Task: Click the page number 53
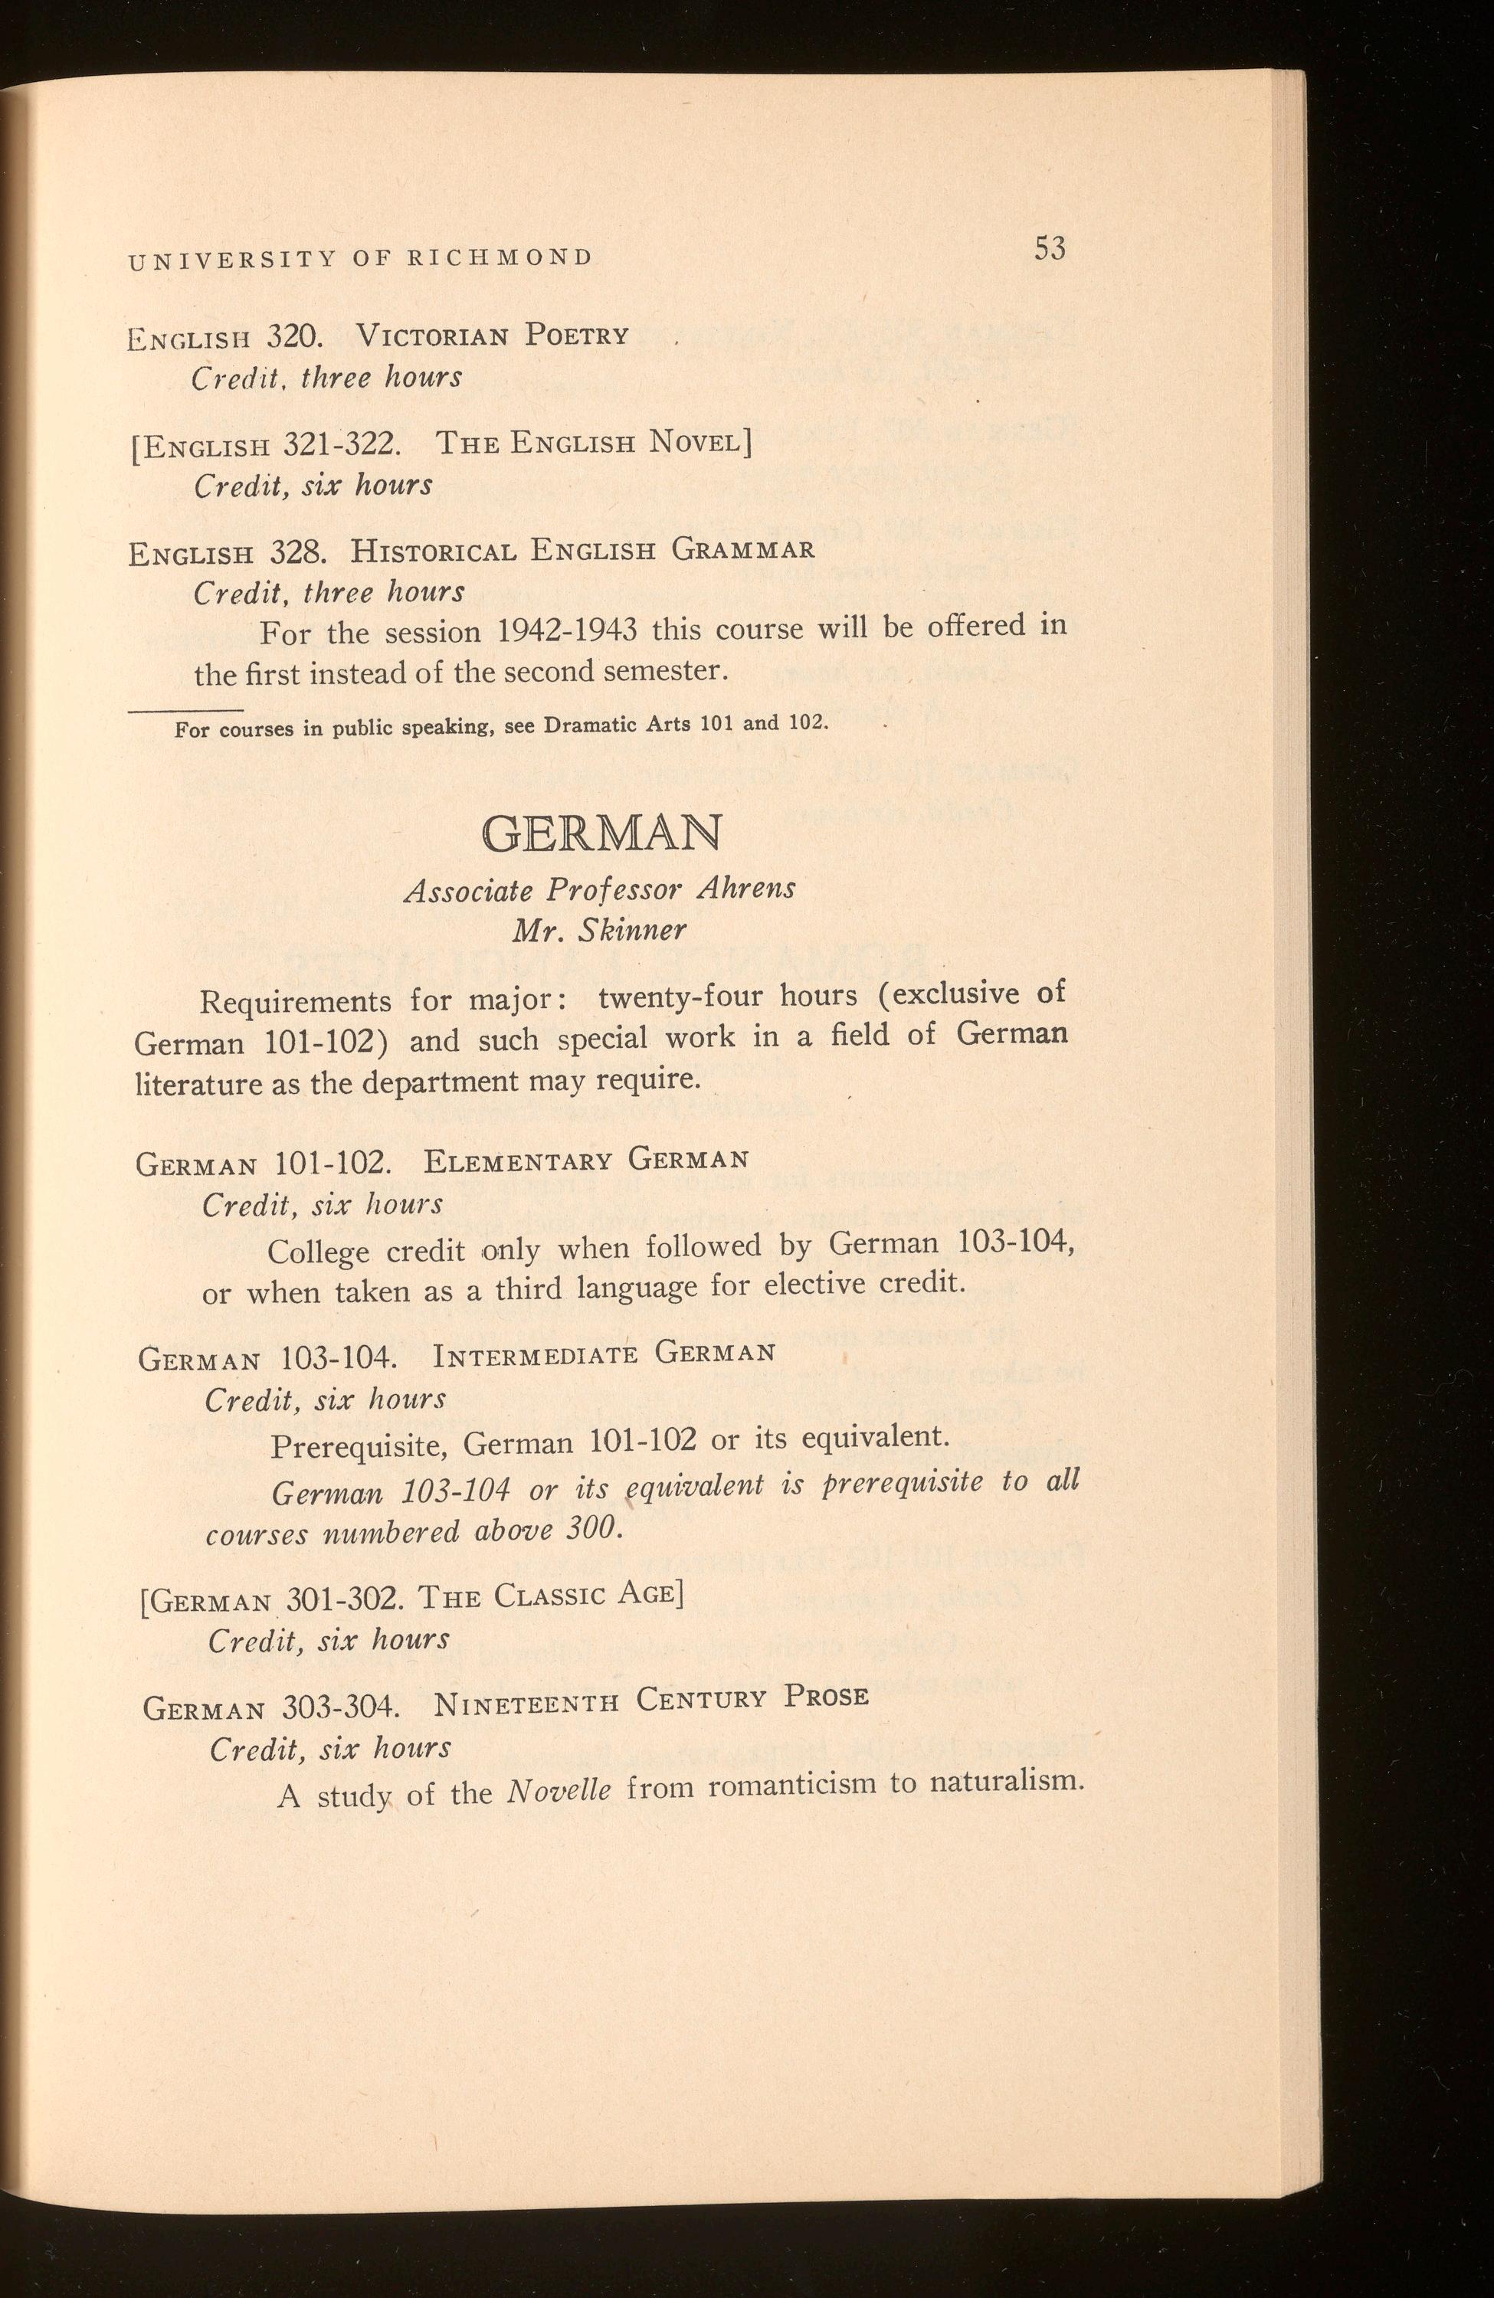point(1049,249)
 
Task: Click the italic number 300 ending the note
point(585,1531)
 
